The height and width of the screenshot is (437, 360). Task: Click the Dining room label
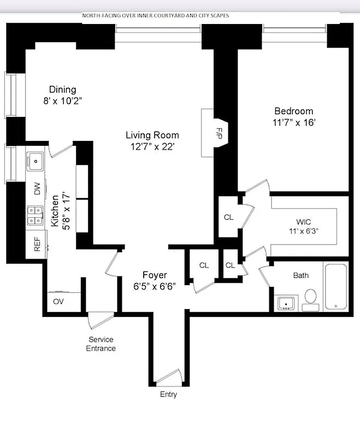62,90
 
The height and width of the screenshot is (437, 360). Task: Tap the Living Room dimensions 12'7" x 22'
152,146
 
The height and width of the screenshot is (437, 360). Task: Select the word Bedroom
293,111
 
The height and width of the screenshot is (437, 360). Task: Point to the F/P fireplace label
219,133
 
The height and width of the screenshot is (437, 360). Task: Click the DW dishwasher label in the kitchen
37,189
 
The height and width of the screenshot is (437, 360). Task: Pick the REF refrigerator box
37,244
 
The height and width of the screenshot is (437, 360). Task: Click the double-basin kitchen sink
36,215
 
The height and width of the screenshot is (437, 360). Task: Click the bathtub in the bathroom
335,287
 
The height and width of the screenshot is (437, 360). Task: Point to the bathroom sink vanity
286,303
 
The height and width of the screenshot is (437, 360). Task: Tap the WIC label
304,222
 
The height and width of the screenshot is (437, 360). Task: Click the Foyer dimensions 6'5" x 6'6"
155,286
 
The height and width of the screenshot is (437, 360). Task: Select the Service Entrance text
101,344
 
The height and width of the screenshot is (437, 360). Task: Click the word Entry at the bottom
168,394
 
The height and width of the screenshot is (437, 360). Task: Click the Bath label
301,275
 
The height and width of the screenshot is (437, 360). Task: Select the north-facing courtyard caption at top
155,16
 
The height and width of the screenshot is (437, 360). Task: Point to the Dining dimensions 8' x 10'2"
62,101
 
